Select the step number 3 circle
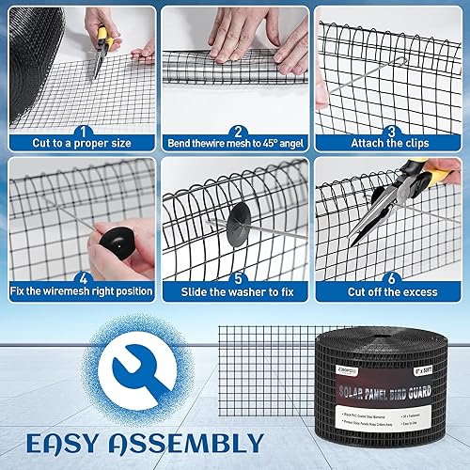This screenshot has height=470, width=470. point(391,133)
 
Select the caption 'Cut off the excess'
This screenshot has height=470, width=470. point(391,290)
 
